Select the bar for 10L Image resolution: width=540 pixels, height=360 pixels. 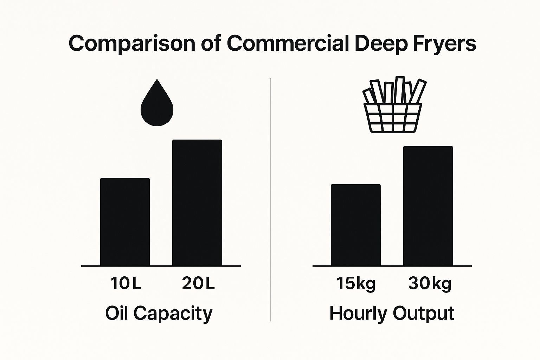[125, 222]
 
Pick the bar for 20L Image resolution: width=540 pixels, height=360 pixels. [197, 203]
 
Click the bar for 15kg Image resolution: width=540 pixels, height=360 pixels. [355, 225]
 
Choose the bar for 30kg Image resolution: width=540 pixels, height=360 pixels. [428, 206]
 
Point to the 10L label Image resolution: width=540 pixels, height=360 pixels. [126, 283]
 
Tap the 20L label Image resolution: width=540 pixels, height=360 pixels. [198, 283]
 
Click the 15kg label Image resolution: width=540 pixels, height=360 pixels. [356, 284]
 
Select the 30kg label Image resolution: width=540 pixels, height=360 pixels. [430, 284]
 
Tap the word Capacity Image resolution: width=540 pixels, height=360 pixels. [173, 314]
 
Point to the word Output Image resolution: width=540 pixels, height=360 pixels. [424, 314]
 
